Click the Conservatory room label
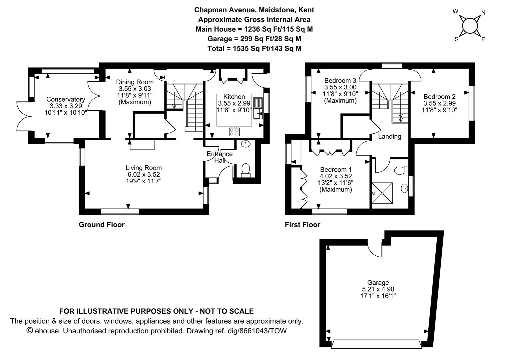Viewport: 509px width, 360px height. pos(66,99)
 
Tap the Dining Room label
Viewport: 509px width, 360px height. pos(135,82)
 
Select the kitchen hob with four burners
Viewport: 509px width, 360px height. pos(234,132)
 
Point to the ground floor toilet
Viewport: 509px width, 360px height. pos(246,171)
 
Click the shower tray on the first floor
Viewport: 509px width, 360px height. pos(382,193)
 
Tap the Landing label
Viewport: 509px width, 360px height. pos(389,136)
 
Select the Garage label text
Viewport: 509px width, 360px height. pos(378,282)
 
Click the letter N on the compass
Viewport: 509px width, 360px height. pos(483,13)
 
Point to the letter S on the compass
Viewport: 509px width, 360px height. pos(456,40)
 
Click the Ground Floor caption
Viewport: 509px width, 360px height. pos(102,225)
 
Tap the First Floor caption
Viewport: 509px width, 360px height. pos(302,225)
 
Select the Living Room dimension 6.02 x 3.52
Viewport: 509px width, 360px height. pos(144,174)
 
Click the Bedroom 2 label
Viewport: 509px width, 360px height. pos(439,97)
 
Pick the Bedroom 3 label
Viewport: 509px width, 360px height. pos(340,81)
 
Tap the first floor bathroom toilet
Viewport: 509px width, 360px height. pos(401,170)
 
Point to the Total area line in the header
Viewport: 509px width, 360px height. pos(254,48)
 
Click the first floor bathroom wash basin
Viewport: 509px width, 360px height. pos(405,189)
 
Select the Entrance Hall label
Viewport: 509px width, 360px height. pos(220,157)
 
